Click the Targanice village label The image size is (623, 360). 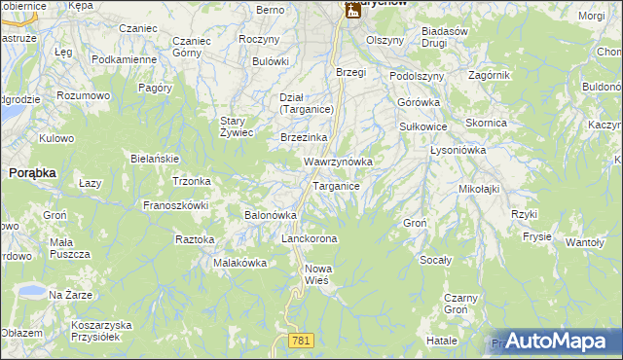(x=337, y=186)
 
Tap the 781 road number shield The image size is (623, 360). (x=301, y=340)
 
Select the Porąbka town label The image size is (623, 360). (x=32, y=171)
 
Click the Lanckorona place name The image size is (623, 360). (x=309, y=238)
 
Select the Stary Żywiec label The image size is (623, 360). (x=237, y=126)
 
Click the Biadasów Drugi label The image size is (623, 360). (x=447, y=37)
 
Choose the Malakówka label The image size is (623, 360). (x=240, y=263)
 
